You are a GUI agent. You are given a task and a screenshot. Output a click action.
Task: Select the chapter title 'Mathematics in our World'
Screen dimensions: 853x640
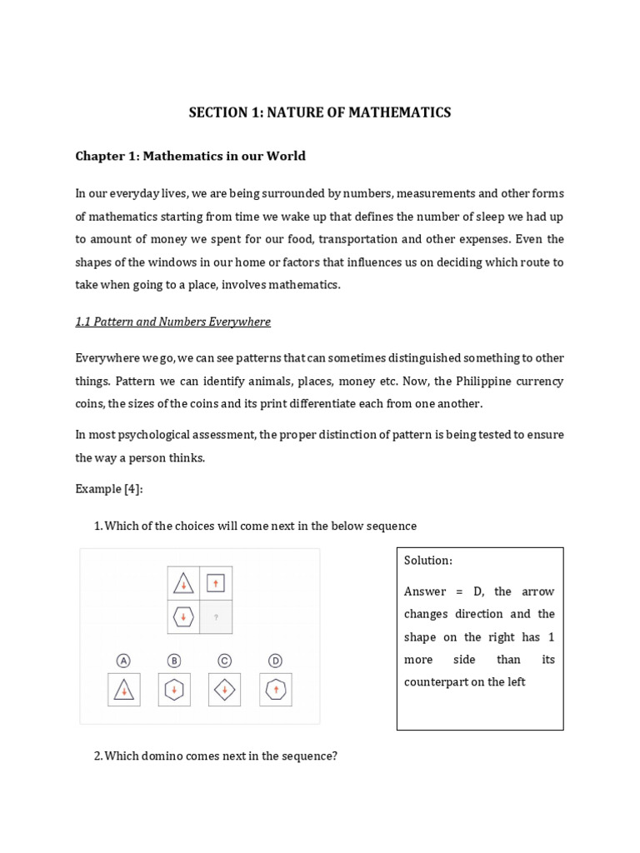coord(190,156)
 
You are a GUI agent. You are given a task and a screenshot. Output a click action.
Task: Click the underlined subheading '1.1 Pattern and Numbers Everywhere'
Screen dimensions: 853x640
coord(172,322)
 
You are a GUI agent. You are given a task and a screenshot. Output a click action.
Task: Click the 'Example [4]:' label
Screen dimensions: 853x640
coord(108,489)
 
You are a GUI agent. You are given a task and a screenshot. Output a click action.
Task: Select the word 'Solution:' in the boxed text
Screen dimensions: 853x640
coord(428,561)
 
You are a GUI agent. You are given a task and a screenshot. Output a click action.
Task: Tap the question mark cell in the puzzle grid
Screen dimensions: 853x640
coord(216,617)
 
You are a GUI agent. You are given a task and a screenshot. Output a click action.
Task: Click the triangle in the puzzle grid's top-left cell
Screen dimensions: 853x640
coord(183,583)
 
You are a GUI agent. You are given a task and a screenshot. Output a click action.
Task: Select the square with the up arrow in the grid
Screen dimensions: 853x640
coord(216,582)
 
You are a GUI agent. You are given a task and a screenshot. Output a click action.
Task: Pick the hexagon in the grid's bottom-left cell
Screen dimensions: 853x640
coord(183,617)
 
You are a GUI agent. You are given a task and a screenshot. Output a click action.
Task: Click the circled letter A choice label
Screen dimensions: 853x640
coord(123,661)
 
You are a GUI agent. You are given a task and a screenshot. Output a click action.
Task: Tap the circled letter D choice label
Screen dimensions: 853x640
coord(275,661)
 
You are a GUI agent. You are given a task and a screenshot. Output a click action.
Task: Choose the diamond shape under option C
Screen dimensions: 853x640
coord(224,690)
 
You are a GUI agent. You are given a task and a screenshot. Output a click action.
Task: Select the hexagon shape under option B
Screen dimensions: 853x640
coord(174,690)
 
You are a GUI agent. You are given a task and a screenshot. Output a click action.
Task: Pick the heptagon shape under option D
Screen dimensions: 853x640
coord(275,690)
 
